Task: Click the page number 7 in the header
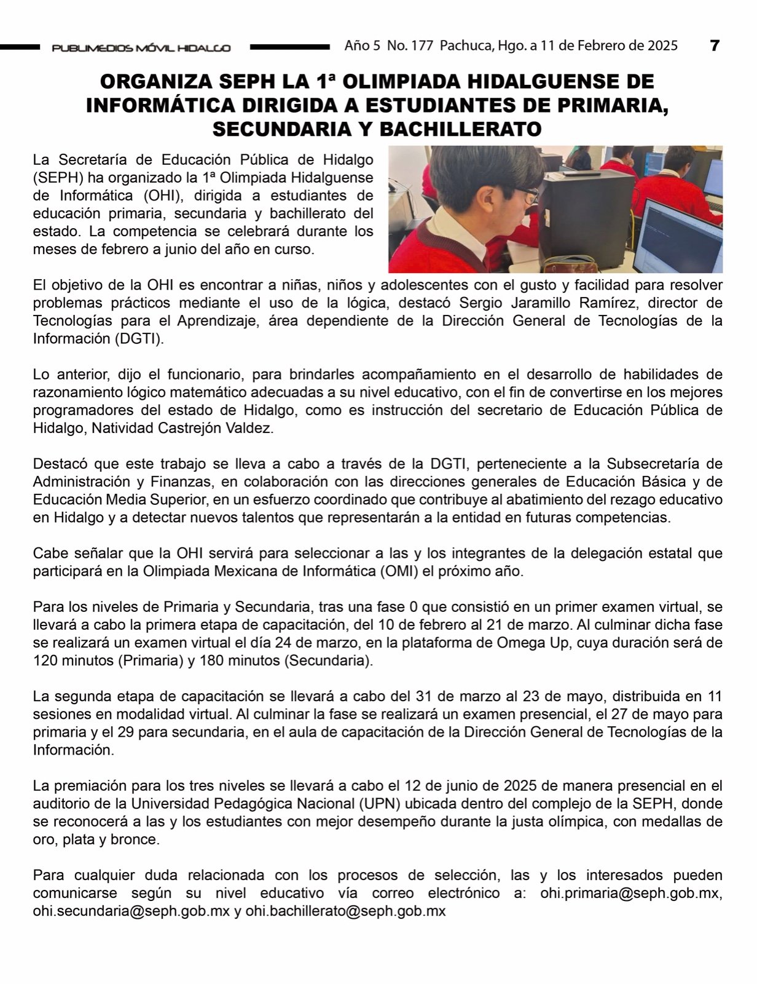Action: (x=714, y=46)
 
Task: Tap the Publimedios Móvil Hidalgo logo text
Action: (x=141, y=48)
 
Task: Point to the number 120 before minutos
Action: (x=46, y=661)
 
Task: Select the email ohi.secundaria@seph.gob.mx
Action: (x=131, y=911)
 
